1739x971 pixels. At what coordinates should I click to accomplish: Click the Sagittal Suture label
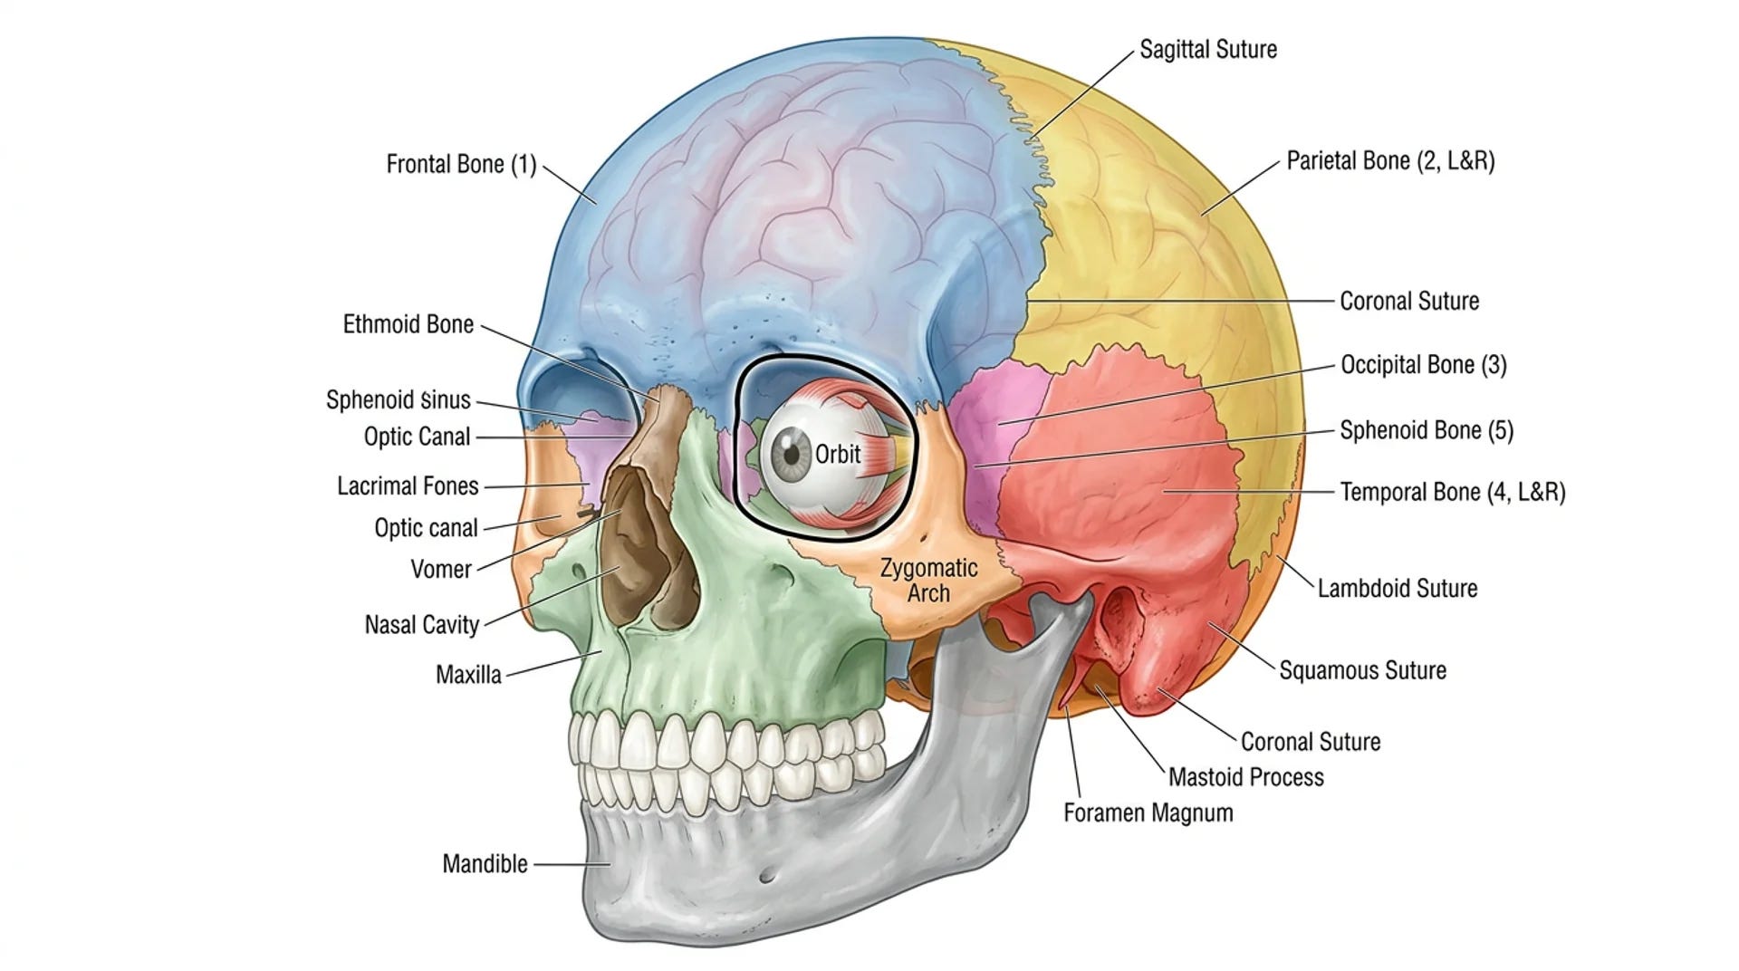(1207, 49)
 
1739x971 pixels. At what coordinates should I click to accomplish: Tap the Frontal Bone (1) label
(461, 165)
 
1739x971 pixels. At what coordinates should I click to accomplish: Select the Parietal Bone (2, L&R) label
(1390, 161)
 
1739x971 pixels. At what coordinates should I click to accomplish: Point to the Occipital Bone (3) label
(1423, 365)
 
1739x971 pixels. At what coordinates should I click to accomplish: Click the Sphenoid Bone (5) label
(1427, 430)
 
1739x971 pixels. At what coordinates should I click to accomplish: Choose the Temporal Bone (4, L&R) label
(1453, 492)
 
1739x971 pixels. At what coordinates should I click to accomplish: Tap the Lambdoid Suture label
(1397, 589)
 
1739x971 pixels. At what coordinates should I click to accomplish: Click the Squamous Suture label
(1362, 670)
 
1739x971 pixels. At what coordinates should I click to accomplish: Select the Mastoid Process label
(1245, 777)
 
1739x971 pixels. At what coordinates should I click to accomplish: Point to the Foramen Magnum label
(1148, 812)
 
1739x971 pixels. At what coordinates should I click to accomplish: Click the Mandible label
(485, 864)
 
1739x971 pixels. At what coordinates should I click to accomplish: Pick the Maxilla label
(468, 675)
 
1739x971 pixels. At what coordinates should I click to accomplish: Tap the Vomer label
(441, 570)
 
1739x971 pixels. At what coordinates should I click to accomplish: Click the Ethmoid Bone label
(408, 324)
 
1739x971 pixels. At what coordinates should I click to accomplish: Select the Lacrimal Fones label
(408, 486)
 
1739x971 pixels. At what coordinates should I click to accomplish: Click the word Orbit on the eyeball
(837, 454)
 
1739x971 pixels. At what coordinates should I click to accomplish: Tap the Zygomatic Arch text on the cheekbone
(928, 581)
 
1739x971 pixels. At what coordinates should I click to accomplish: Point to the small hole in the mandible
(767, 876)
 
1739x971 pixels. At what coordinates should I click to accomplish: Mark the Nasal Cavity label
(421, 625)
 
